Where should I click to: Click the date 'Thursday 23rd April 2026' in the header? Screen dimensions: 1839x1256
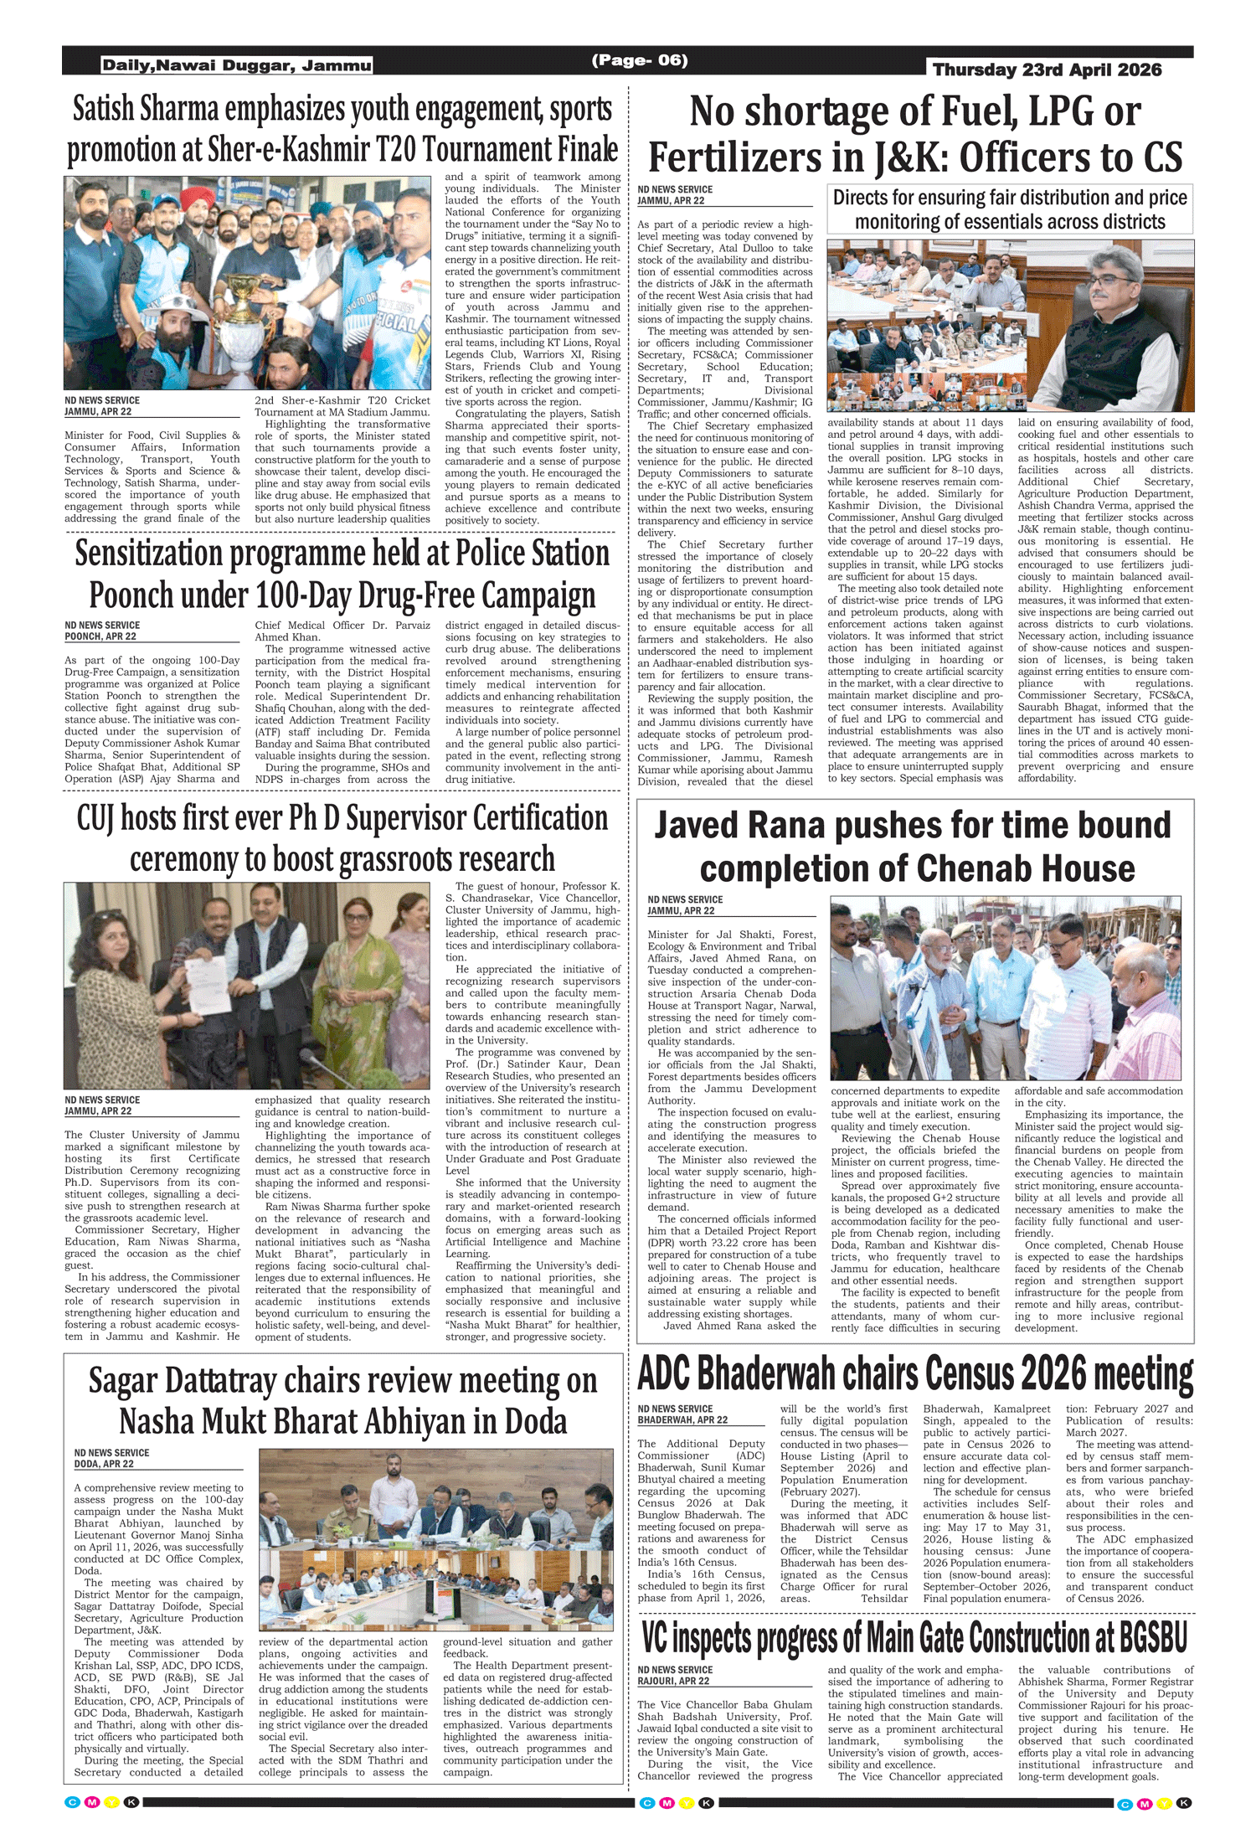1047,70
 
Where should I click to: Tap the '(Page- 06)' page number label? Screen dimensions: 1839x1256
640,59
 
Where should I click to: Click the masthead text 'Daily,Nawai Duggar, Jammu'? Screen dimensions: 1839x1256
237,65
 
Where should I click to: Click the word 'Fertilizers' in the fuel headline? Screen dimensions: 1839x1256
748,157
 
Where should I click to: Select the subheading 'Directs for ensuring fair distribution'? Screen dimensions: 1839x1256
1009,198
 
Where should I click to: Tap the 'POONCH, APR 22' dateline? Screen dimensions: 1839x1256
100,636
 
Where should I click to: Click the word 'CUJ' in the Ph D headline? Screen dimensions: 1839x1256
95,818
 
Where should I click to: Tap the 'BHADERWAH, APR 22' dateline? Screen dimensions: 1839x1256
682,1419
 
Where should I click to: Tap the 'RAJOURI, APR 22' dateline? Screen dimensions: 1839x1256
673,1681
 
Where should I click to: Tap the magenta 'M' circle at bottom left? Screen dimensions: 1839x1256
92,1802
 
